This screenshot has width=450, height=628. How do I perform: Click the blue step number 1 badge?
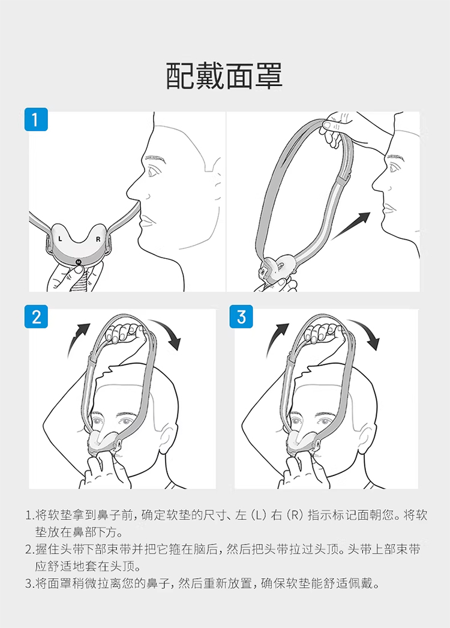tap(36, 119)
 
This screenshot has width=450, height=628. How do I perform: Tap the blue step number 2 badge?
tap(36, 316)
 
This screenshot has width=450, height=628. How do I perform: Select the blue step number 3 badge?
tap(241, 316)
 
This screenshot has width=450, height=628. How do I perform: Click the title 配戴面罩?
tap(224, 75)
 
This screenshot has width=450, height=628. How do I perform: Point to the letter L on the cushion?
tap(61, 239)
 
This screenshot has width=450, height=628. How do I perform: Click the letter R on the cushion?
tap(98, 240)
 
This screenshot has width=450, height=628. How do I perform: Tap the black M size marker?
tap(79, 262)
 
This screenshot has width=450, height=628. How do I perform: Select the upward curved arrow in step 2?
tap(79, 335)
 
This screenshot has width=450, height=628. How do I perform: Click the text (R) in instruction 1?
tap(294, 515)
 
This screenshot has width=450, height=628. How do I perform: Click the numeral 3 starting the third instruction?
tap(28, 584)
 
